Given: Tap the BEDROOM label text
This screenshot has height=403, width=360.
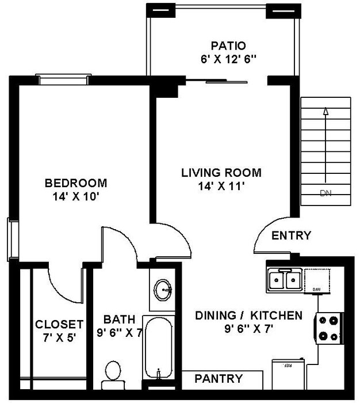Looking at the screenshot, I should pos(76,184).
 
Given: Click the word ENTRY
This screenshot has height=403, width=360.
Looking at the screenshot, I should pos(291,235).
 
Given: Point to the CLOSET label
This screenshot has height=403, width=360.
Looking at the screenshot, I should pos(59,324).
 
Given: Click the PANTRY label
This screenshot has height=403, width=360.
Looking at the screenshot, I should pos(219,379).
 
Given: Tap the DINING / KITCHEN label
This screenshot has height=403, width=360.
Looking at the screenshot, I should pos(248,315).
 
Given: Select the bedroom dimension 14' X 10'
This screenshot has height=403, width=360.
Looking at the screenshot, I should pos(76,196).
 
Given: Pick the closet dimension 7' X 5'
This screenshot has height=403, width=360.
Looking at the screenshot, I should pos(59,337).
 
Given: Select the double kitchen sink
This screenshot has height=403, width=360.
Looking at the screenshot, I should pos(285,280).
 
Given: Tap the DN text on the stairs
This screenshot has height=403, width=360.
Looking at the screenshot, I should pos(325,193).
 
